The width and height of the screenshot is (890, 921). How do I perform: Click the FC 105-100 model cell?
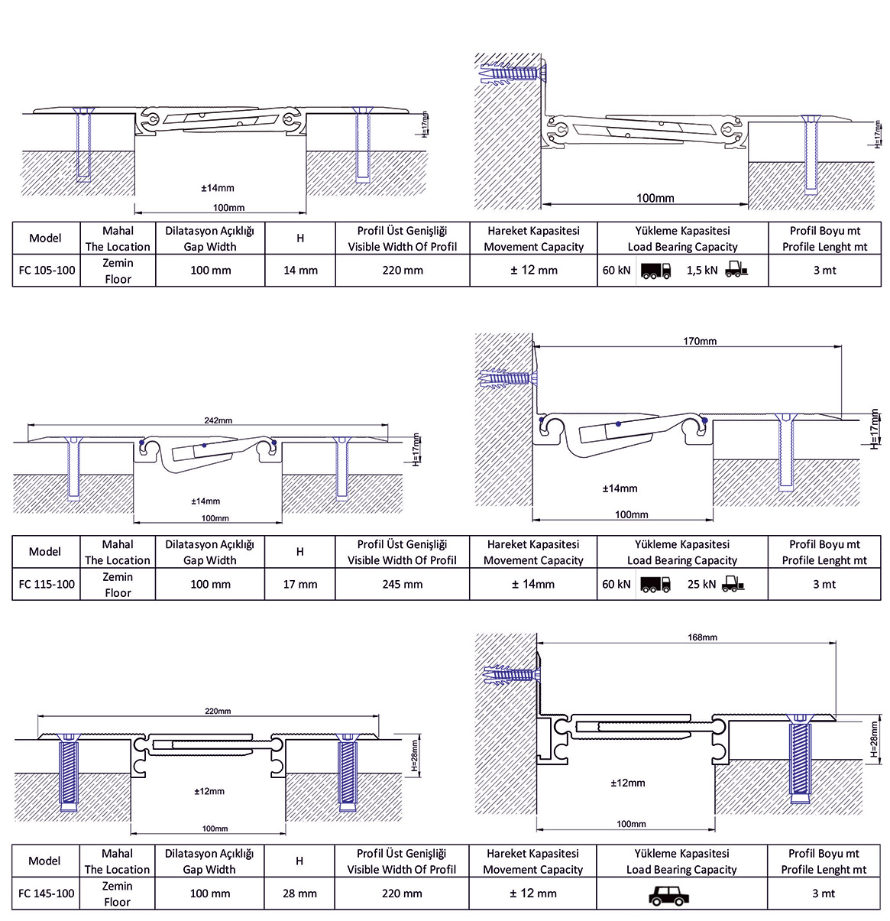click(47, 271)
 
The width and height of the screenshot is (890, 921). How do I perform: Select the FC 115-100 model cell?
click(47, 585)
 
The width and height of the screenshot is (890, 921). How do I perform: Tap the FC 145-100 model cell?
click(47, 893)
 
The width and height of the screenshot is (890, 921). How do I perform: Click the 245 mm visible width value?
click(403, 585)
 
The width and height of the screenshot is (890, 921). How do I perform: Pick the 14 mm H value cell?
click(300, 271)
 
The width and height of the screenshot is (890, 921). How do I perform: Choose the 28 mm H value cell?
click(299, 893)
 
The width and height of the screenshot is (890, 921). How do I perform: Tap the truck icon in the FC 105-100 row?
click(655, 271)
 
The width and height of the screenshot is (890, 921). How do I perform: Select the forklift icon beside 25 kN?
click(732, 585)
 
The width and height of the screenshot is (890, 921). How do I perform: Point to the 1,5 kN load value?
click(702, 271)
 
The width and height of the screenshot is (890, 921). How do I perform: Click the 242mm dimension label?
click(218, 420)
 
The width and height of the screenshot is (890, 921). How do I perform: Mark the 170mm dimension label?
click(700, 342)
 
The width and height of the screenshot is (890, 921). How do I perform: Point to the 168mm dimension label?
click(702, 637)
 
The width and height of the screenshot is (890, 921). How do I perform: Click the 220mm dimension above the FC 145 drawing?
click(218, 712)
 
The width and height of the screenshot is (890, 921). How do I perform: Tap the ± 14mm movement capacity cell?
click(533, 585)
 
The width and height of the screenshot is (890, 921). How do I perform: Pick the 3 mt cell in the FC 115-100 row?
click(824, 585)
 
